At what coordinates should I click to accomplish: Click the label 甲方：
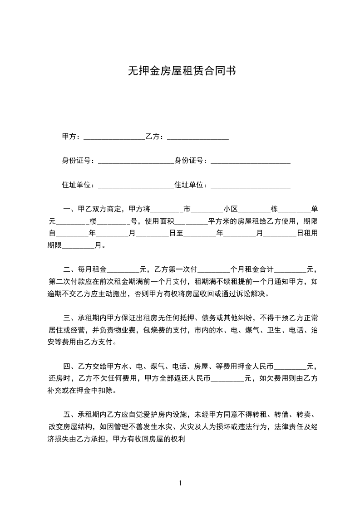72,137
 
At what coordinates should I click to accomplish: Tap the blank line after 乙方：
197,137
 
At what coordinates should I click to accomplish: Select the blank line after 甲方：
114,137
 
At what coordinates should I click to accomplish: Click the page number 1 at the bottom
180,483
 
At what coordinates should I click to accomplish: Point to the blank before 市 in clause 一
166,210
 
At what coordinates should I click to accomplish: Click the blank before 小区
207,210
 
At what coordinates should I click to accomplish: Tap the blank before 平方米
191,222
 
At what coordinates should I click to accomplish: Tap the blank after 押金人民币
291,366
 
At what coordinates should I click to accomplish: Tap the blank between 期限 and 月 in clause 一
77,246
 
